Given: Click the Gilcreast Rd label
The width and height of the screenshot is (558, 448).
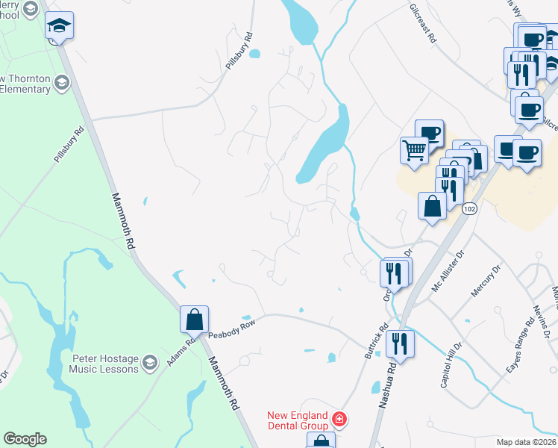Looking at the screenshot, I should click(422, 25).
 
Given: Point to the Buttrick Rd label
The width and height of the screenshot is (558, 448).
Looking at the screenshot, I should click(377, 343).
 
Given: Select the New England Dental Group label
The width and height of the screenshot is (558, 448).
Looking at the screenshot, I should click(299, 420).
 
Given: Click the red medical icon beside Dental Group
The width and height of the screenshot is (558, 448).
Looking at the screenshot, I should click(339, 419).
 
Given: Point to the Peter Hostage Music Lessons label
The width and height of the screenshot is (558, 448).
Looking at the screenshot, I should click(105, 364).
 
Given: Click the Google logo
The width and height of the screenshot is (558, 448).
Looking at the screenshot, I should click(25, 439).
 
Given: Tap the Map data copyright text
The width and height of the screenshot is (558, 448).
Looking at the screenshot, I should click(527, 442).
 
